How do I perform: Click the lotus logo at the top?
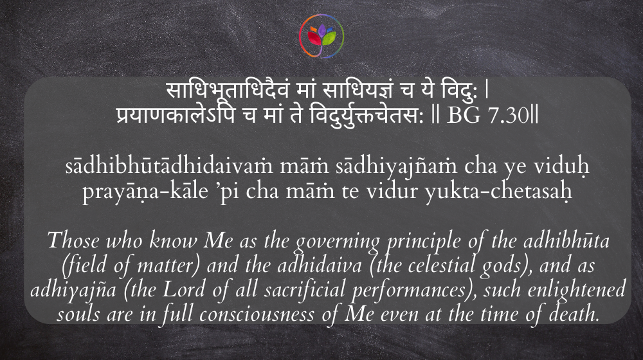pyautogui.click(x=321, y=36)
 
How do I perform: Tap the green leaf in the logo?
pyautogui.click(x=329, y=38)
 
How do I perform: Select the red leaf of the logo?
pyautogui.click(x=314, y=38)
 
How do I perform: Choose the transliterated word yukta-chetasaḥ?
pyautogui.click(x=499, y=192)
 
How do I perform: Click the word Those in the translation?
pyautogui.click(x=73, y=240)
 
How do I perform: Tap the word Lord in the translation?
pyautogui.click(x=184, y=289)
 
